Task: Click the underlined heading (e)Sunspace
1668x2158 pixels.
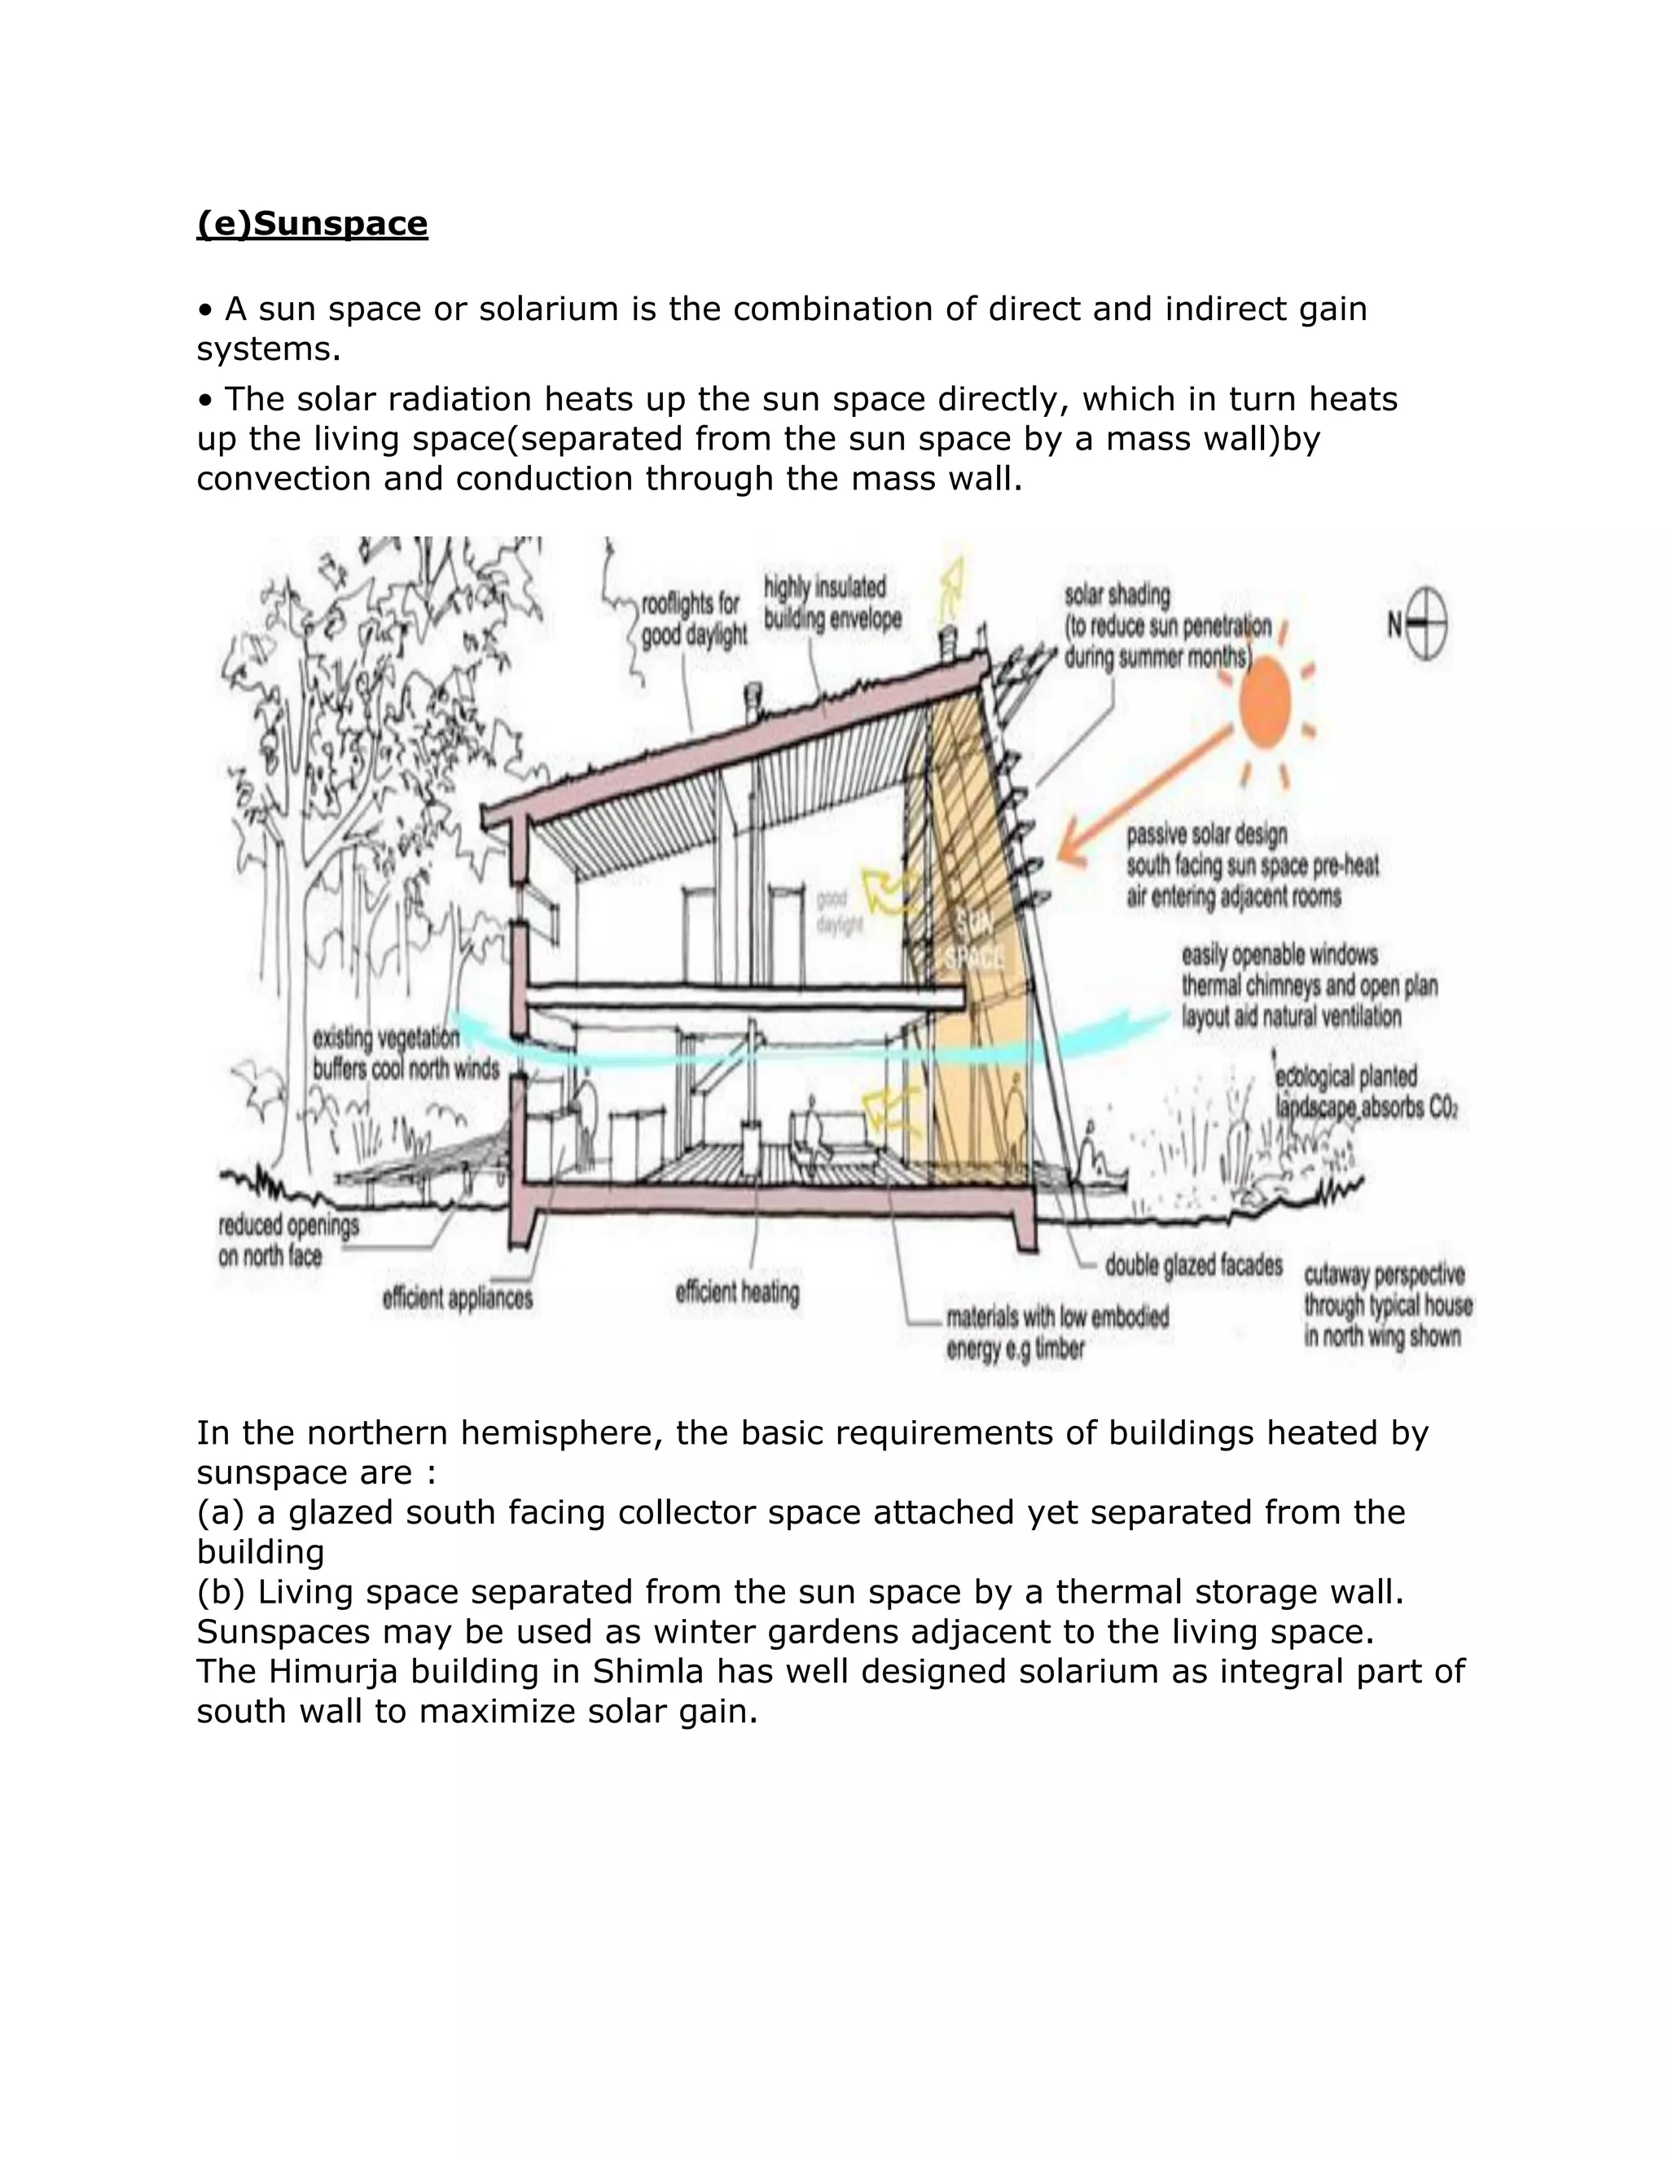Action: (x=311, y=224)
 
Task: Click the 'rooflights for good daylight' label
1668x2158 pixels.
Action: (x=691, y=620)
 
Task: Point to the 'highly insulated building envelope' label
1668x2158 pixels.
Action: (x=832, y=603)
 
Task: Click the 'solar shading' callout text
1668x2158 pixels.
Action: (x=1166, y=625)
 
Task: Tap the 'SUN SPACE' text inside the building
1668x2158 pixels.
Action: (x=974, y=940)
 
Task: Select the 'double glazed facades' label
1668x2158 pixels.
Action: (x=1192, y=1265)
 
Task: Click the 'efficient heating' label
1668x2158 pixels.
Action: (x=737, y=1292)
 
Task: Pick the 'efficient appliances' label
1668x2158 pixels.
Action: (x=458, y=1297)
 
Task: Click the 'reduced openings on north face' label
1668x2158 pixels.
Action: (x=288, y=1240)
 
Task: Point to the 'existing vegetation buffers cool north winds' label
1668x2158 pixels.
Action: (x=405, y=1053)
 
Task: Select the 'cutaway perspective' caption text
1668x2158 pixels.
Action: (x=1386, y=1305)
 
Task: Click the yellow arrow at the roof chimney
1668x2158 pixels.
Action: (x=953, y=583)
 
